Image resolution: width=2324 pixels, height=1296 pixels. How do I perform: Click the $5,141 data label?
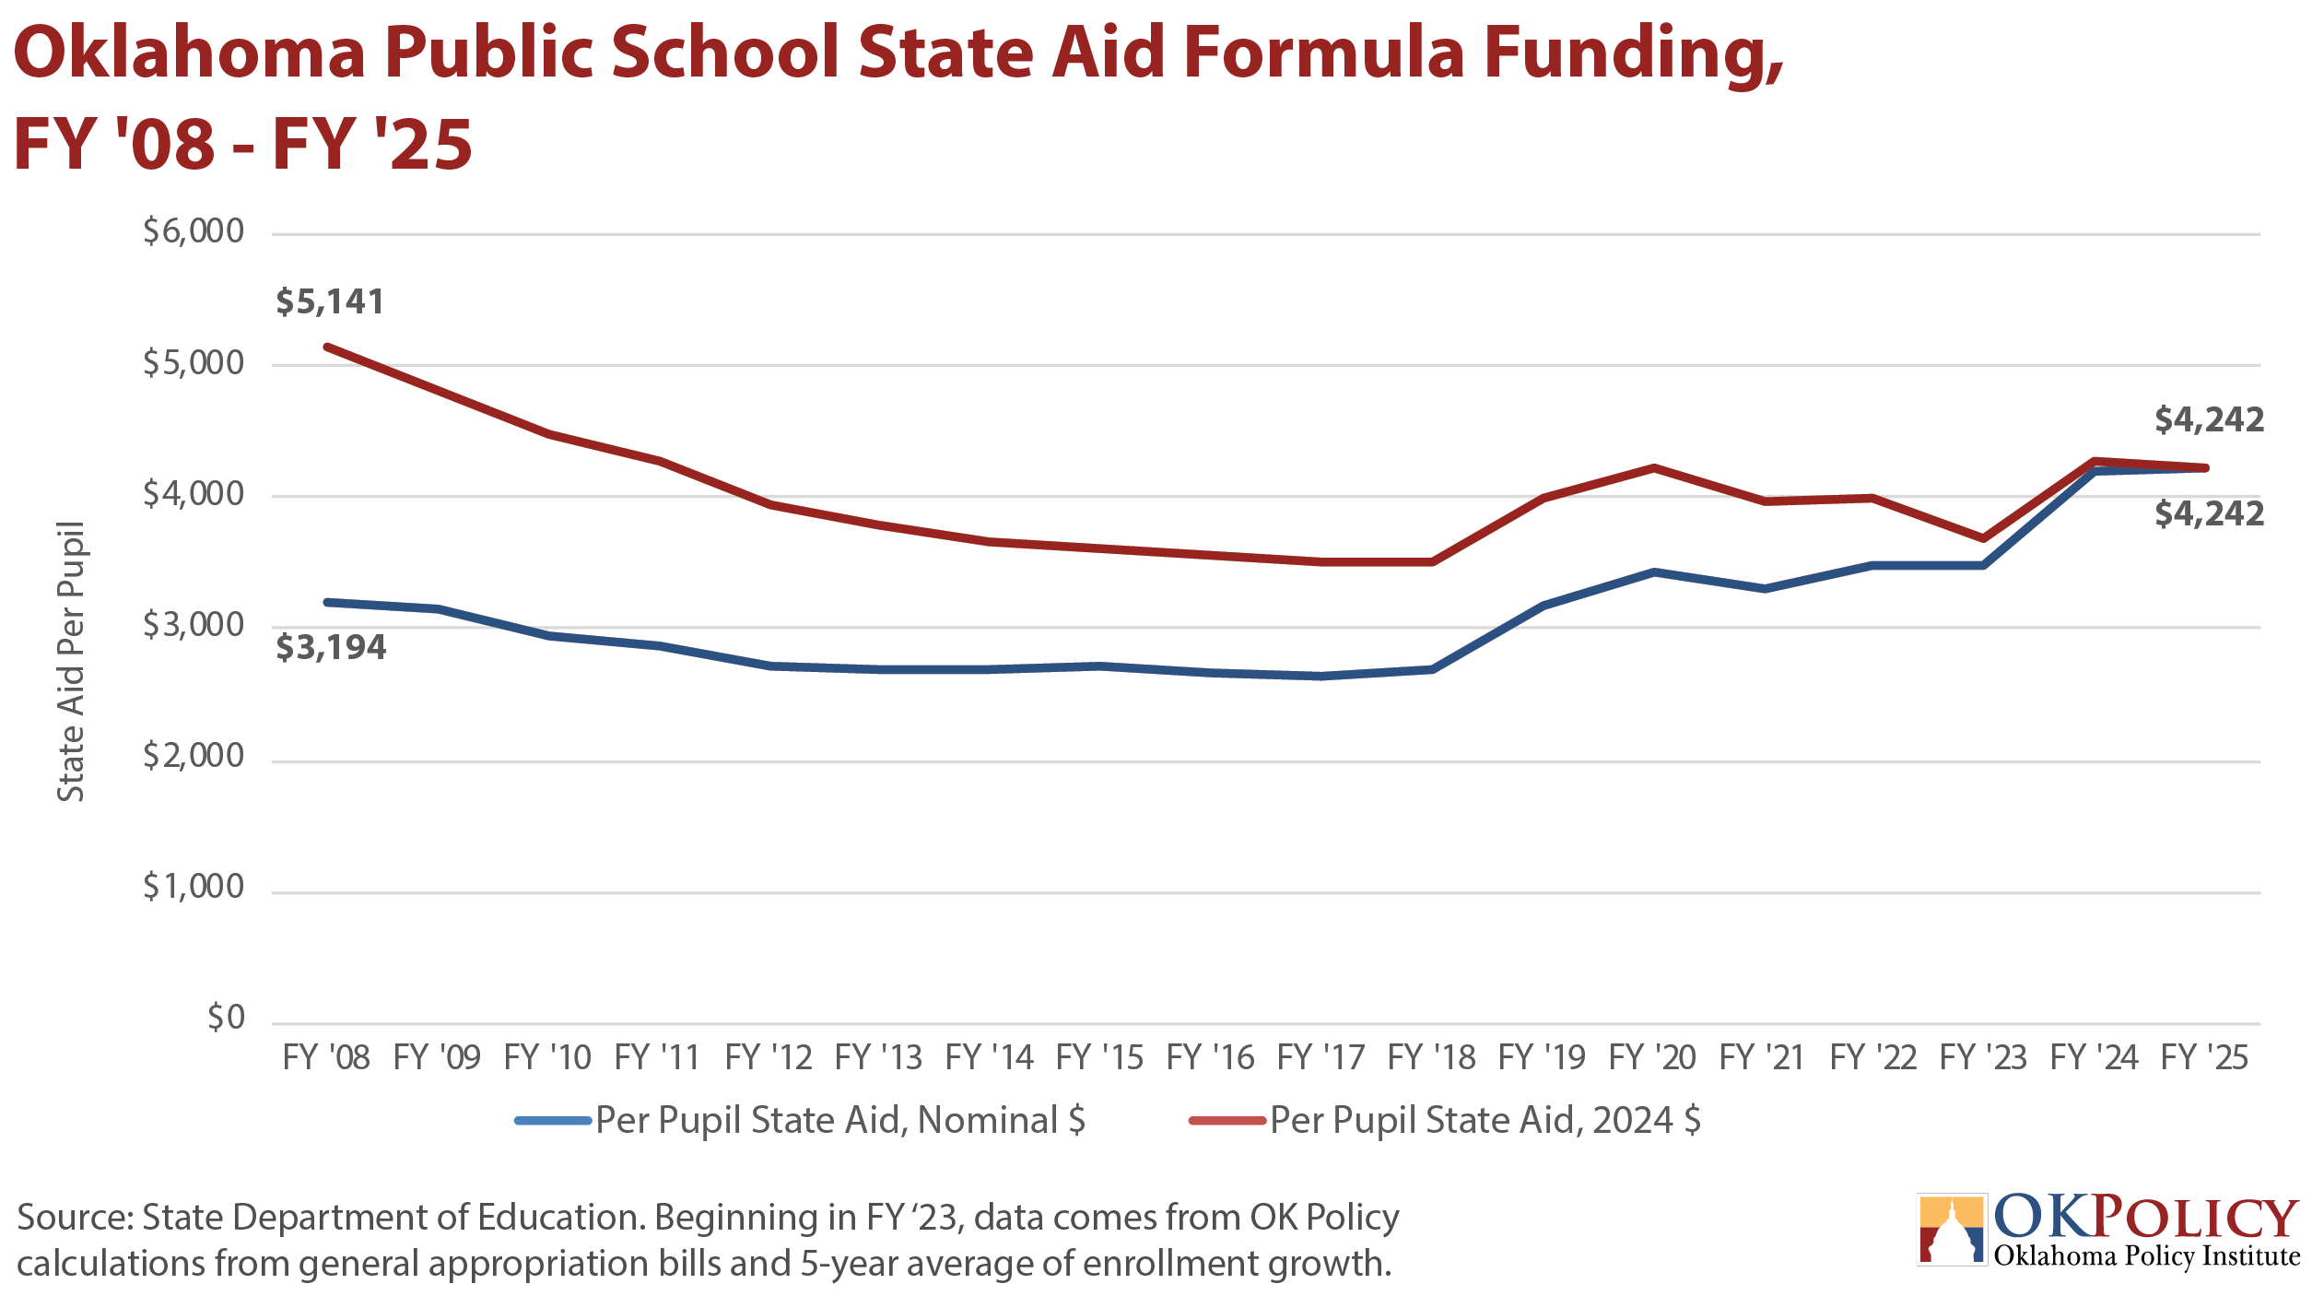330,302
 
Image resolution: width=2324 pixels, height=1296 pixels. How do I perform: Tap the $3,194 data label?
331,648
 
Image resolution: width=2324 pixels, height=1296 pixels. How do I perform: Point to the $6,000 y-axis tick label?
194,231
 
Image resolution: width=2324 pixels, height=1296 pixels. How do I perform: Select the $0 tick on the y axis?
226,1018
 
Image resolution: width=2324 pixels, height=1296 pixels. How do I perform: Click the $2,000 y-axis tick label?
194,756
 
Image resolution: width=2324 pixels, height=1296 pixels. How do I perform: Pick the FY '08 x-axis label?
326,1057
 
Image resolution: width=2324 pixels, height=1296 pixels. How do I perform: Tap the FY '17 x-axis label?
1320,1057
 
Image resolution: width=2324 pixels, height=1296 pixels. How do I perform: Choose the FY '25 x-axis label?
2204,1057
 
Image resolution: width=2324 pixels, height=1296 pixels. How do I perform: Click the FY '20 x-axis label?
1652,1057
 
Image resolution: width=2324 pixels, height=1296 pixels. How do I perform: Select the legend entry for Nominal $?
800,1121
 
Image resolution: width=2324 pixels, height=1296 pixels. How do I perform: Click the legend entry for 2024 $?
1445,1121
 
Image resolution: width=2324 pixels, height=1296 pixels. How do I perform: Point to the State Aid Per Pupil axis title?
71,662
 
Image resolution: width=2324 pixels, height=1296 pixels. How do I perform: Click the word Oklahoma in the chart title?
190,53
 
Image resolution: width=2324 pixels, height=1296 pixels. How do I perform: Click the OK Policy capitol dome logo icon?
1952,1230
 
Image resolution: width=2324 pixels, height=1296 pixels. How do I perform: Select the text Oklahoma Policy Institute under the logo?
2147,1256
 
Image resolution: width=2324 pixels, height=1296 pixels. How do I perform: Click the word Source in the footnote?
75,1218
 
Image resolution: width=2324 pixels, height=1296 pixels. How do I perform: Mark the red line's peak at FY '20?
1654,468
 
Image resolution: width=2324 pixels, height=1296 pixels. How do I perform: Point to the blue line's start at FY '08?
327,602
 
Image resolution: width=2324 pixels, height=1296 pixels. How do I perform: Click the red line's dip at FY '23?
1983,538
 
